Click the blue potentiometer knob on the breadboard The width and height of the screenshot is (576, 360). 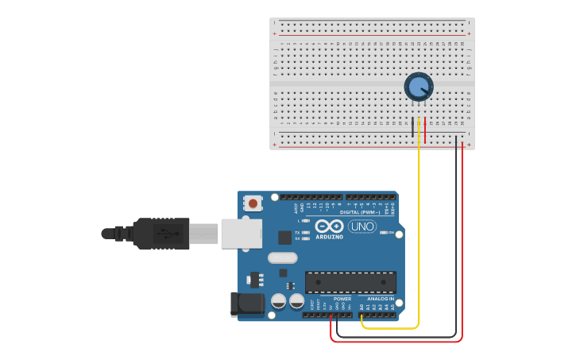tap(418, 86)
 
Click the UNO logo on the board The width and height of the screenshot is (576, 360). tap(362, 226)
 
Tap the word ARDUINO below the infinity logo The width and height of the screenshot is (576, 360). tap(329, 237)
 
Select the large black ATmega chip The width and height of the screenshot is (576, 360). tap(350, 282)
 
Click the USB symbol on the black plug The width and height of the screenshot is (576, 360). tap(164, 234)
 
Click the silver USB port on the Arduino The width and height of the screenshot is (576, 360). tap(241, 232)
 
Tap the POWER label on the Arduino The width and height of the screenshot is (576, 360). tap(342, 299)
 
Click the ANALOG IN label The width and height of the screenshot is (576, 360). tap(380, 299)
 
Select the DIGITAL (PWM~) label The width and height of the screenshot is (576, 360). tap(359, 212)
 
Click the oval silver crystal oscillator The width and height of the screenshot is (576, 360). tap(282, 257)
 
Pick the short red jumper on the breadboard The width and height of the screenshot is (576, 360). tap(425, 130)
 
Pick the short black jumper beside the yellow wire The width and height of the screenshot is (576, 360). tap(413, 130)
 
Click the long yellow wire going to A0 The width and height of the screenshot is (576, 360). tap(419, 238)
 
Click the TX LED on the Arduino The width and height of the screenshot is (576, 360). tap(306, 232)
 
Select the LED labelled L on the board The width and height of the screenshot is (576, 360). tap(306, 220)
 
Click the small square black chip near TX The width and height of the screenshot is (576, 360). tap(284, 237)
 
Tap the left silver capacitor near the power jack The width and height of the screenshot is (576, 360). tap(279, 301)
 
